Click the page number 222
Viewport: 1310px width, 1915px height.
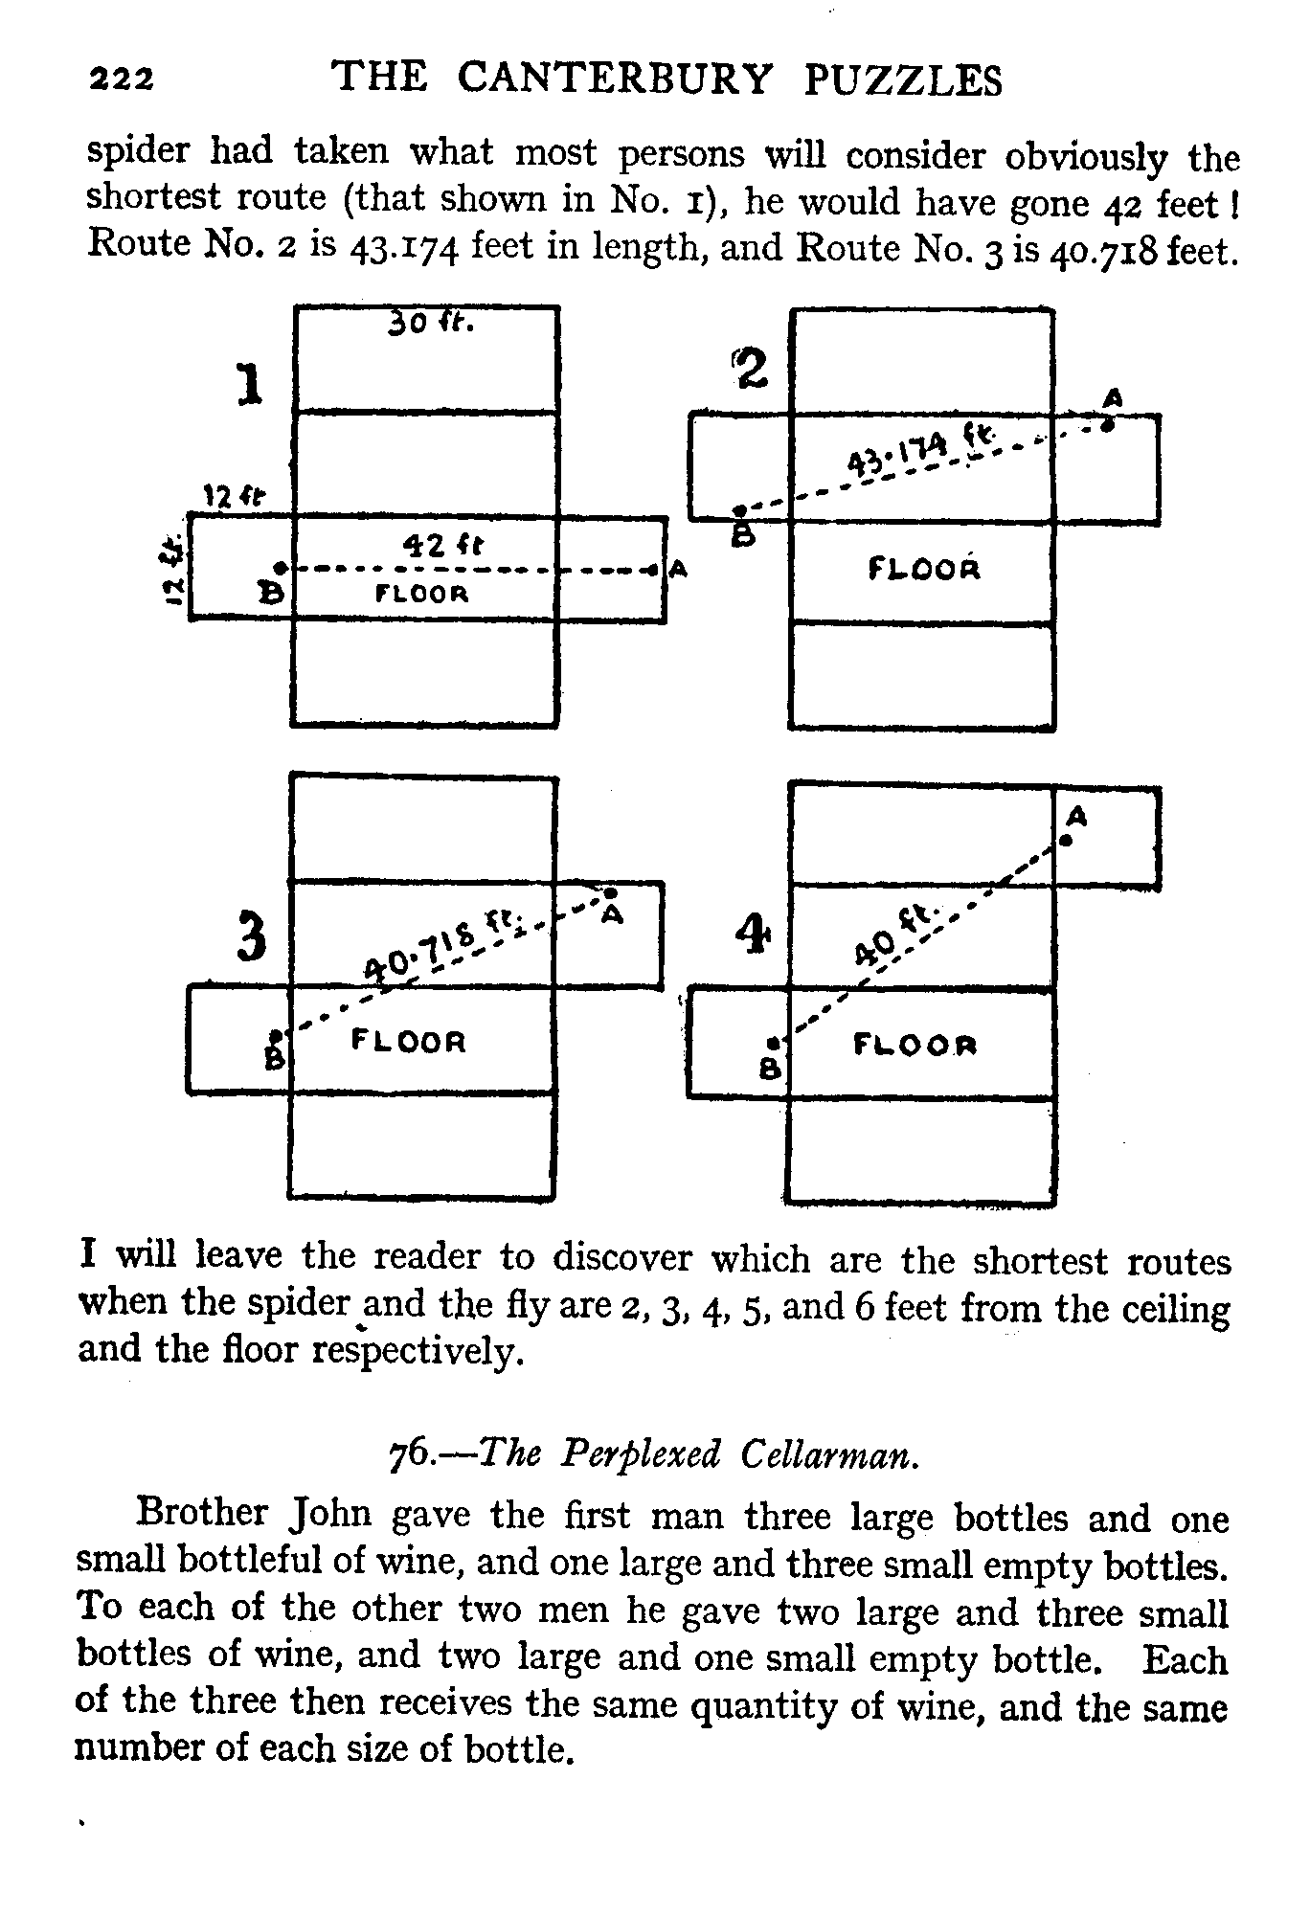(x=121, y=79)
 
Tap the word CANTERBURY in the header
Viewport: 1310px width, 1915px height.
(x=613, y=78)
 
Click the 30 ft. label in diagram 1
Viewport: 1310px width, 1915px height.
(x=430, y=326)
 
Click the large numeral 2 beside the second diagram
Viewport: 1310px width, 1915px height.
(x=753, y=368)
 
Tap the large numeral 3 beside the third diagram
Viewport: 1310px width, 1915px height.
(x=251, y=938)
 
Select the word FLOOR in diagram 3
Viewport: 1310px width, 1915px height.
(x=409, y=1040)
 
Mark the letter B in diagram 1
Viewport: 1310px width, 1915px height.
(x=273, y=594)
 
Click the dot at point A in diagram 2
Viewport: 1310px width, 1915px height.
(x=1107, y=426)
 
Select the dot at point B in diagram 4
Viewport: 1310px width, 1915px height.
(x=771, y=1043)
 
